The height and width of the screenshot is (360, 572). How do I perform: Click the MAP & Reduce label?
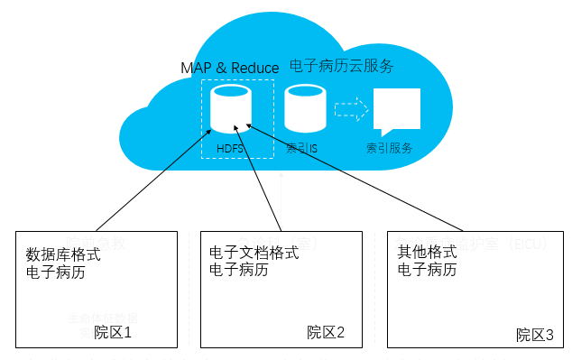(230, 68)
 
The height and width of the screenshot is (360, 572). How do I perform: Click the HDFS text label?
(230, 148)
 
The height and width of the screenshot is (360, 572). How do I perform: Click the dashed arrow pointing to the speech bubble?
(351, 110)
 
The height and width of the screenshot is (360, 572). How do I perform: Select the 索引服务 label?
(390, 148)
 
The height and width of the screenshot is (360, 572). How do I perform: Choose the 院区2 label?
(326, 332)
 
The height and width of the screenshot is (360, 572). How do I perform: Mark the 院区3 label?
(535, 335)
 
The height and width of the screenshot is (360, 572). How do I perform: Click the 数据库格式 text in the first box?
(63, 254)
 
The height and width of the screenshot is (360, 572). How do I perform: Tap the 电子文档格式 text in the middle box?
(254, 253)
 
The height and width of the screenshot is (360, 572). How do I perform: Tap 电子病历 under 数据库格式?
(56, 272)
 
